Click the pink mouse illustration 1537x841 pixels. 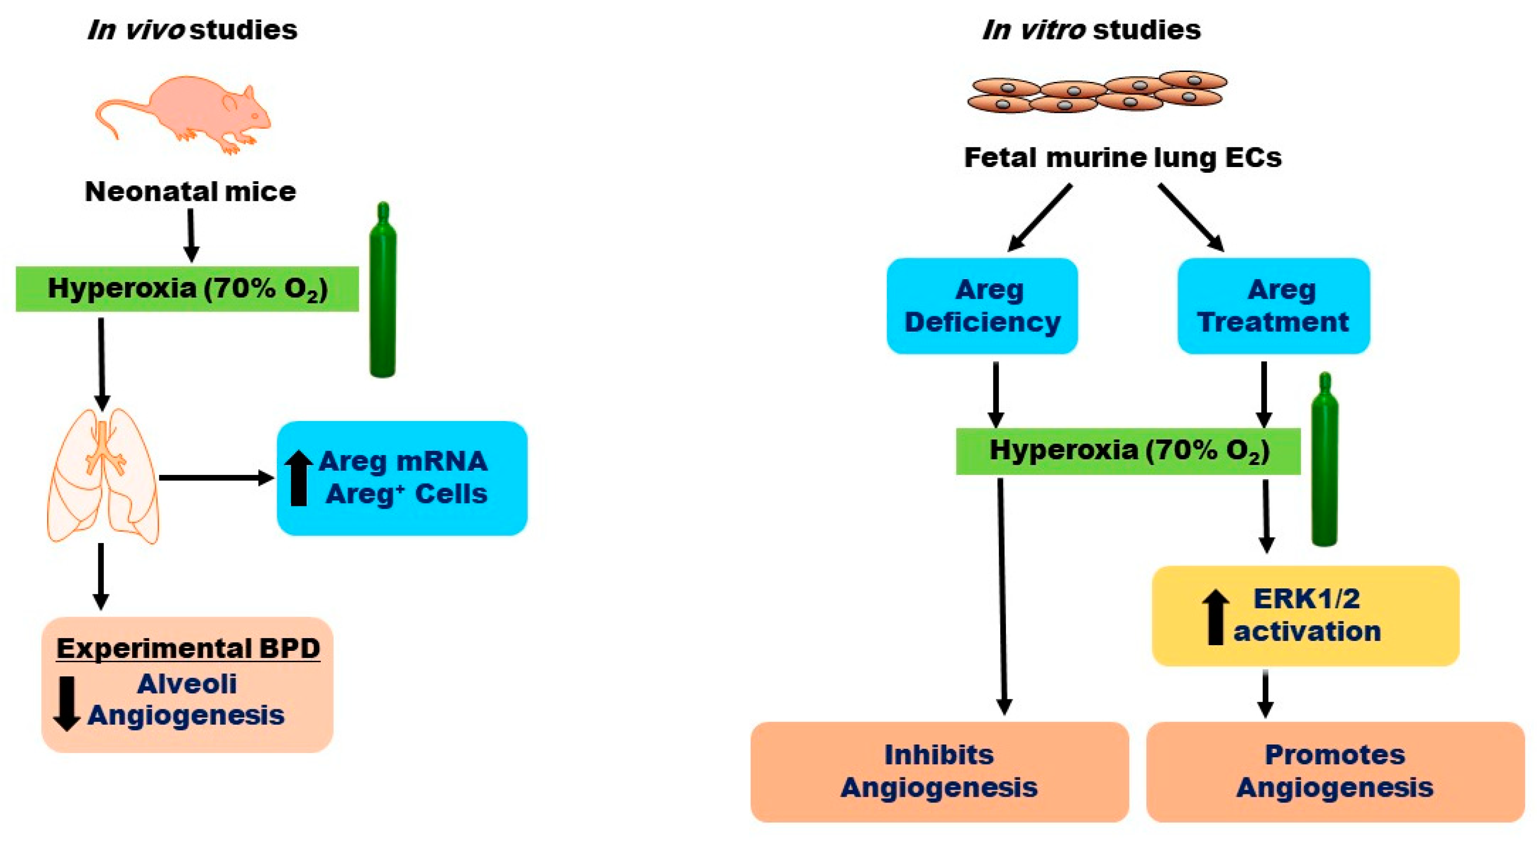[x=185, y=113]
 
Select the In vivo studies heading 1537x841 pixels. [x=191, y=29]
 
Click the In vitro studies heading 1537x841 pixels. [x=1091, y=29]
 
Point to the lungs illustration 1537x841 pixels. [x=103, y=476]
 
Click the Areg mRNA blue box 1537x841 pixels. [x=402, y=478]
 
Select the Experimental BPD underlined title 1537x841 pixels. [x=188, y=648]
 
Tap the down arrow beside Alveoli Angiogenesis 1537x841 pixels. [x=66, y=703]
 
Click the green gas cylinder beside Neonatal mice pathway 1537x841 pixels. [x=382, y=291]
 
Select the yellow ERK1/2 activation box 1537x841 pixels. [x=1306, y=616]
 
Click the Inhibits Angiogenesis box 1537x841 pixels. [x=939, y=771]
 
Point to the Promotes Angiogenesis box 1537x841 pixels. [x=1335, y=771]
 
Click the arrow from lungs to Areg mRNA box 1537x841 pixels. [x=216, y=478]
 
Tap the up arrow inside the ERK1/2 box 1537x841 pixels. [x=1215, y=617]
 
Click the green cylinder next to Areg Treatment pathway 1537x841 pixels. [x=1324, y=460]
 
